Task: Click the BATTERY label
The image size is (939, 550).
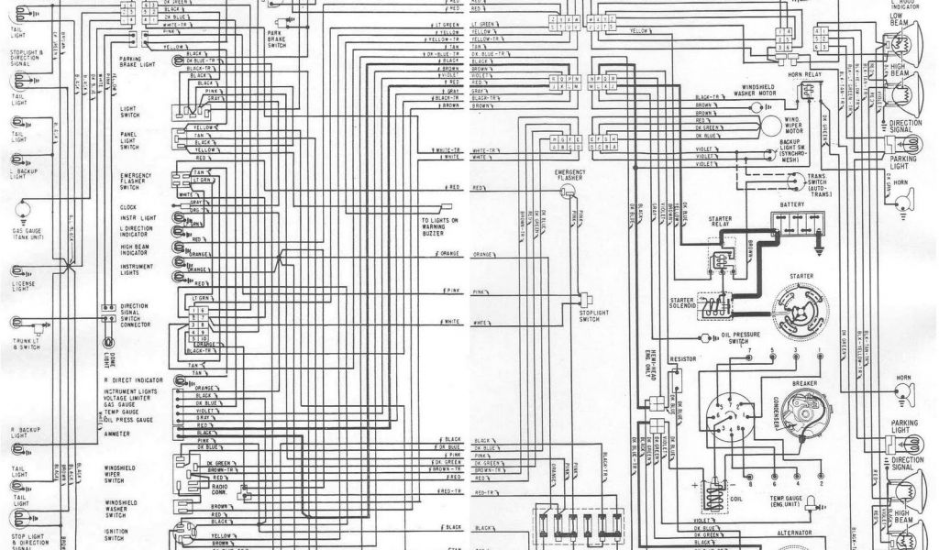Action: (x=792, y=204)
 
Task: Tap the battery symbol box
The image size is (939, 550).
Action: (x=798, y=221)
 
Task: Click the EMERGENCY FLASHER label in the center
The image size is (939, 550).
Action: (x=569, y=174)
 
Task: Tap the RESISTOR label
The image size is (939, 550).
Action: (x=683, y=359)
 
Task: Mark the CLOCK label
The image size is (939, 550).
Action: (x=127, y=207)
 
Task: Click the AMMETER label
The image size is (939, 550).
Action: (x=116, y=433)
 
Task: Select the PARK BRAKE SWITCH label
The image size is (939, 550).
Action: (x=276, y=38)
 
